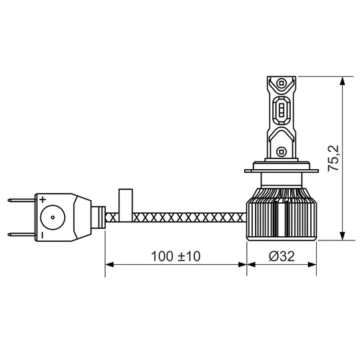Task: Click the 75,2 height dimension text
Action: click(333, 158)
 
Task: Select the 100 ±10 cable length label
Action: click(176, 256)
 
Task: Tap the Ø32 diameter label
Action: click(282, 256)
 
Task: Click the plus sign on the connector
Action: click(42, 199)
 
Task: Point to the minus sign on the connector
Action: click(42, 235)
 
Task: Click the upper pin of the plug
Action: click(22, 200)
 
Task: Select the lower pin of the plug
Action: click(22, 235)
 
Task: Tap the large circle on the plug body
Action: click(53, 217)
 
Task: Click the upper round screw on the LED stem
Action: click(281, 84)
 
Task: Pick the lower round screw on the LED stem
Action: click(281, 152)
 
